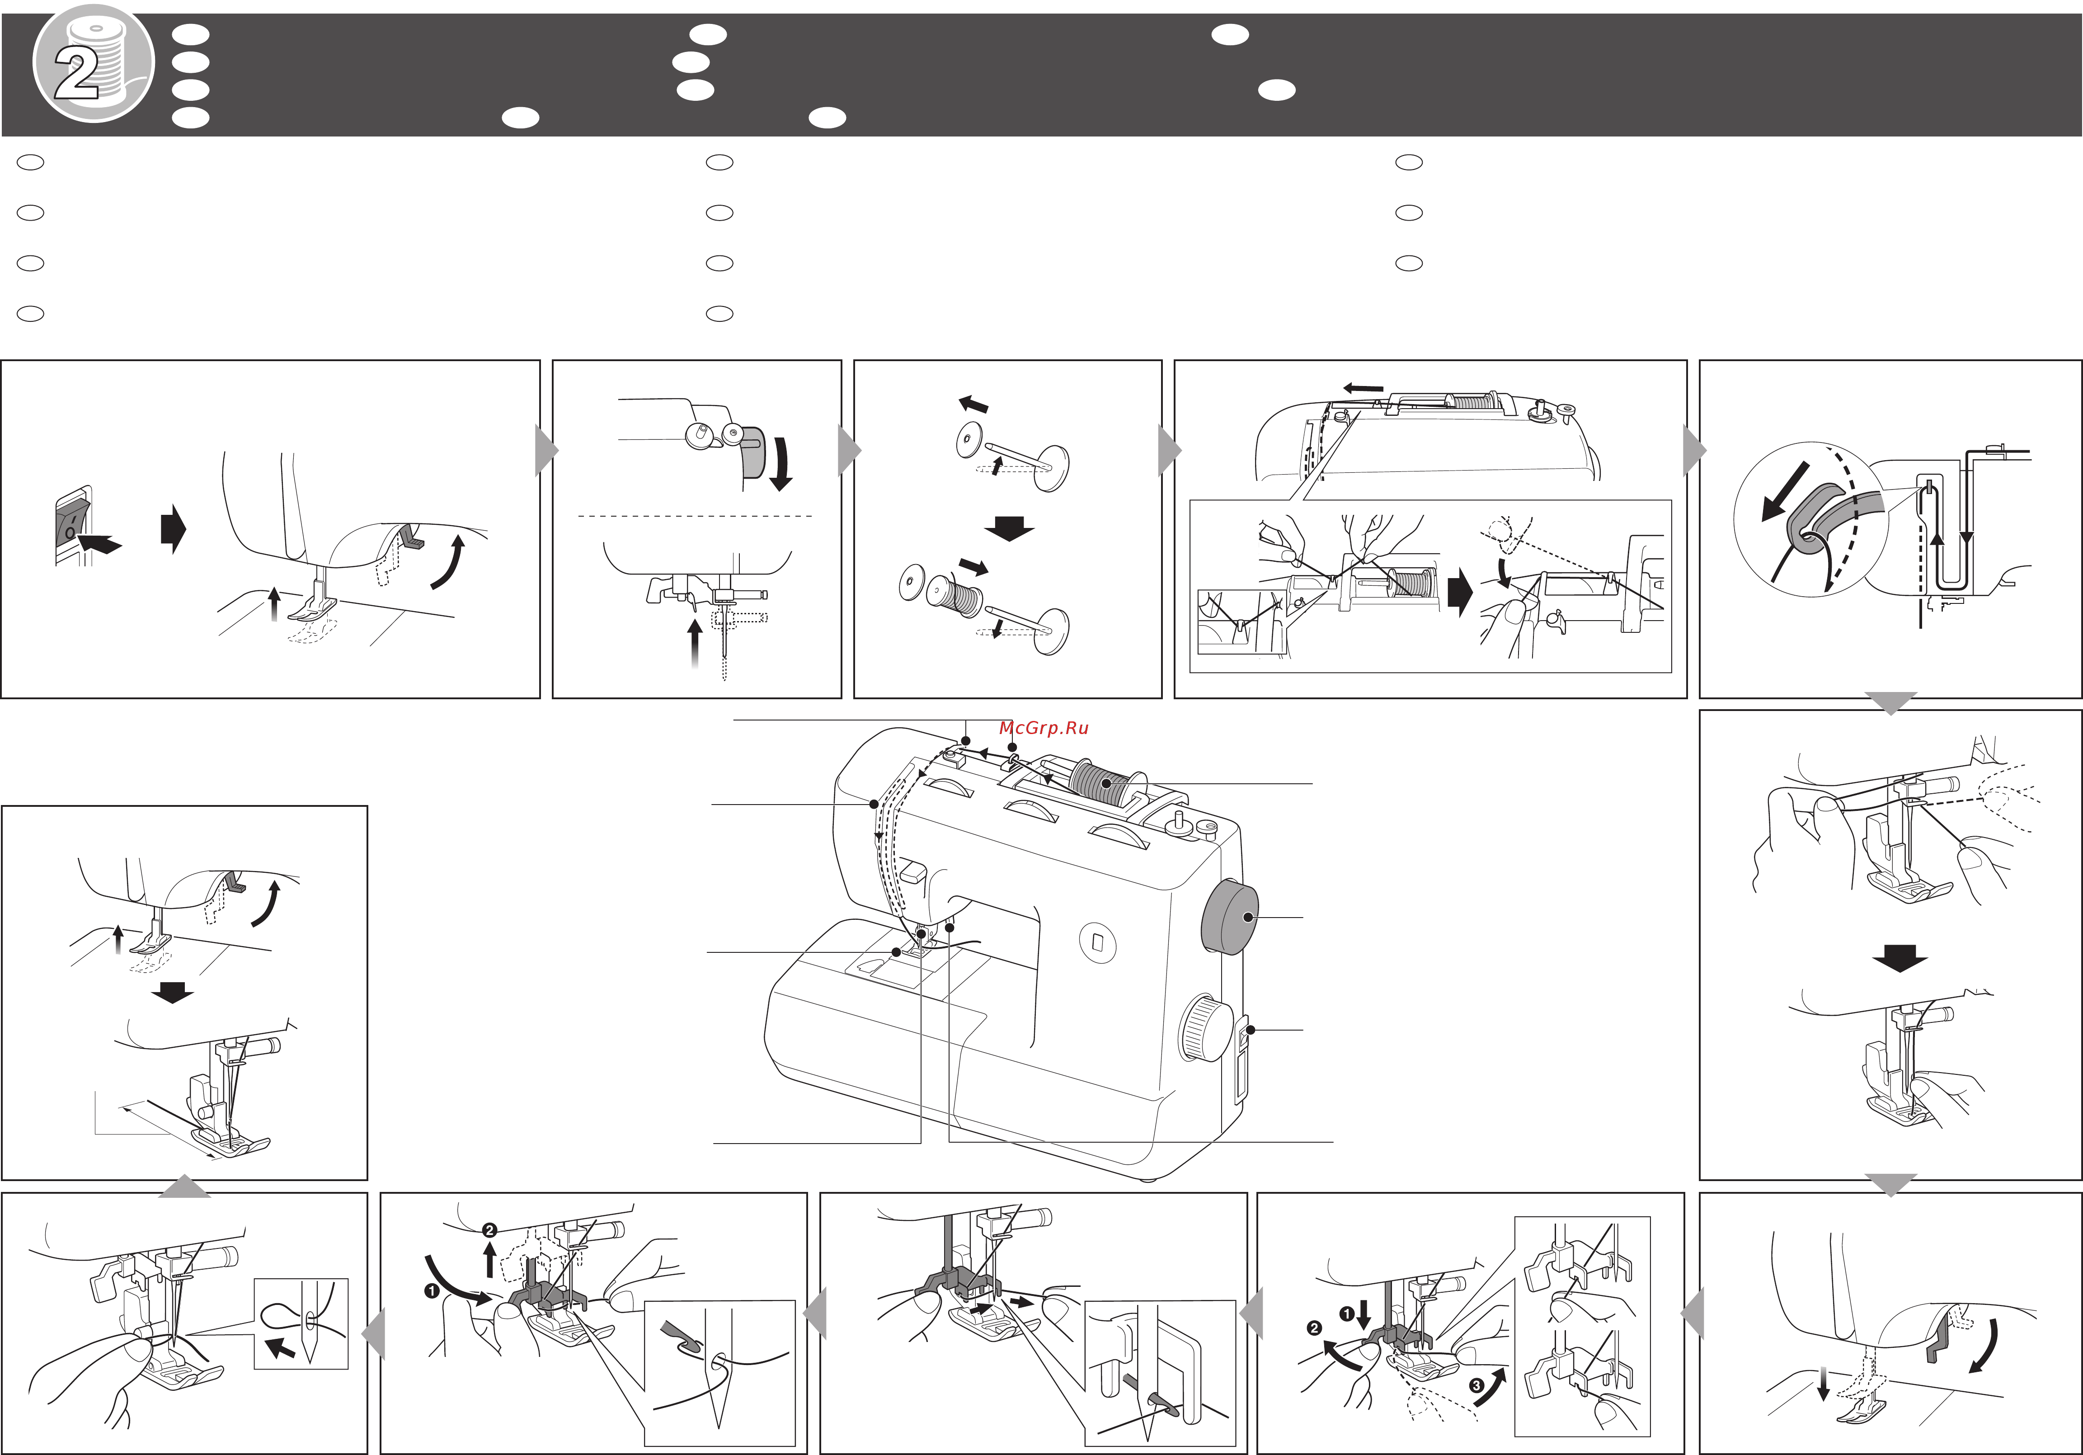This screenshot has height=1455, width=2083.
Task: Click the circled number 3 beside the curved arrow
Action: click(1476, 1385)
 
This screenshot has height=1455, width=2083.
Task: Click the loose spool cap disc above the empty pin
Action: click(969, 442)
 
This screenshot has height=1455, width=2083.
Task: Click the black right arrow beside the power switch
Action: click(172, 529)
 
